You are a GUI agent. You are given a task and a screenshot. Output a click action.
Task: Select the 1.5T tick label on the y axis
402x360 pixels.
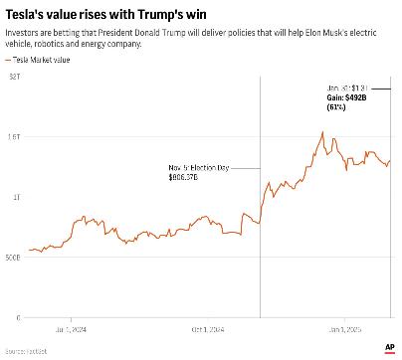[x=13, y=137]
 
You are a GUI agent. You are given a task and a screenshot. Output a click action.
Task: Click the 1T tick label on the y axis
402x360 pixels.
[x=15, y=198]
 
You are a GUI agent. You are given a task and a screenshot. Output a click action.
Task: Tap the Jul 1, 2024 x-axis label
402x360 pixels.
[x=72, y=329]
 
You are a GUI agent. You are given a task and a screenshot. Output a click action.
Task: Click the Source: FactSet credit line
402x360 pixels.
[x=26, y=352]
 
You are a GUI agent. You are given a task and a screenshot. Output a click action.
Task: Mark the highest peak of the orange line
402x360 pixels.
[x=322, y=132]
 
